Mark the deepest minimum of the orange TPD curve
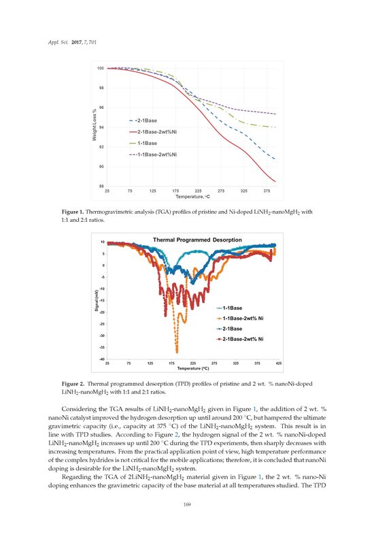pos(177,351)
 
